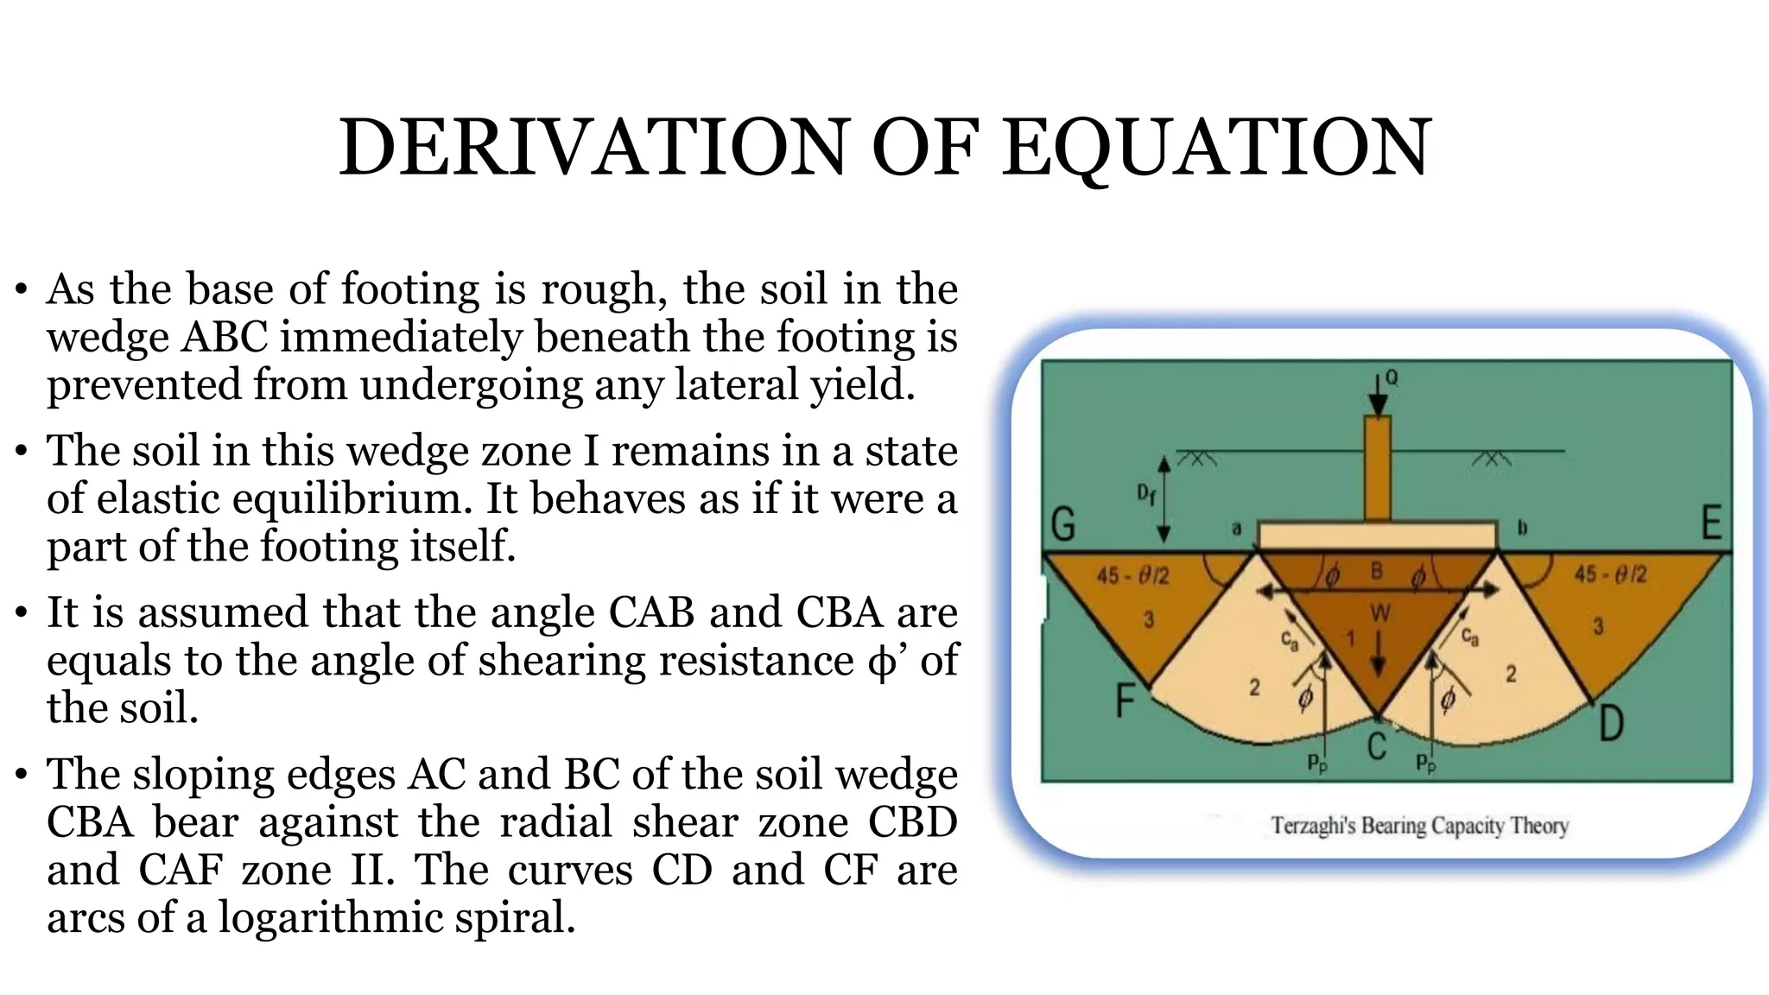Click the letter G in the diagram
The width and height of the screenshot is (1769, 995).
pos(1063,524)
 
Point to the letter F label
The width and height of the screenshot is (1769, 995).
pos(1125,700)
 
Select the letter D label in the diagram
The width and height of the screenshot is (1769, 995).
pos(1611,724)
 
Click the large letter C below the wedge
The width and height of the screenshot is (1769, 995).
pos(1377,745)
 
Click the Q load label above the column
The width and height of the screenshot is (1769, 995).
pos(1392,377)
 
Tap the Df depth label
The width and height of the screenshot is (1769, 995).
pos(1145,495)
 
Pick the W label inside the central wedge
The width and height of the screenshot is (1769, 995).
pos(1380,613)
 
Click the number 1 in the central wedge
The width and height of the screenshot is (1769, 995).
pos(1351,638)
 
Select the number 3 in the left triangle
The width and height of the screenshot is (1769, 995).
pos(1149,619)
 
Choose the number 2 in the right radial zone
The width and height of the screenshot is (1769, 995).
pos(1511,674)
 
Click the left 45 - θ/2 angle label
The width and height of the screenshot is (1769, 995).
pos(1132,575)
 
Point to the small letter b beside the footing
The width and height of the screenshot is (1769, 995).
pos(1522,528)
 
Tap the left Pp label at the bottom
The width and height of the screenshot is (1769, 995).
pos(1316,763)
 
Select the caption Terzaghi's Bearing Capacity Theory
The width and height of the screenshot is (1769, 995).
pos(1419,826)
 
